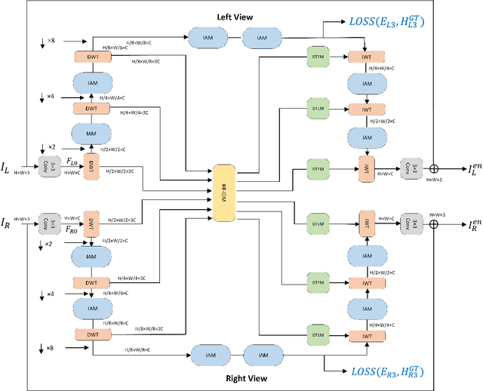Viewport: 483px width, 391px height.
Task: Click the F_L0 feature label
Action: pos(70,162)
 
